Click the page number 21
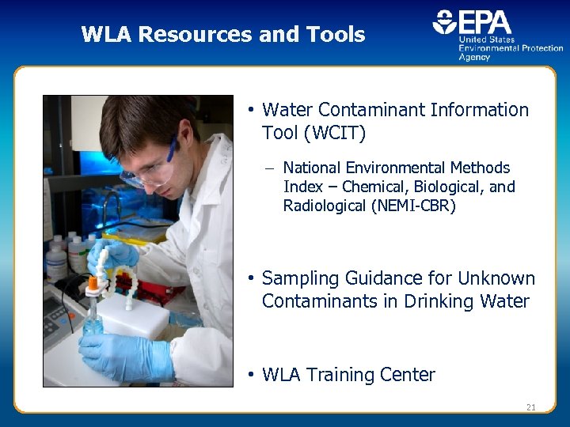click(x=530, y=407)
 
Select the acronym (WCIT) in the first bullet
click(x=334, y=134)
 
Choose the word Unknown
click(x=498, y=278)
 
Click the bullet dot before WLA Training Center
click(x=249, y=374)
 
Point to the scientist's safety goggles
click(x=150, y=168)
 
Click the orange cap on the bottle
click(x=93, y=282)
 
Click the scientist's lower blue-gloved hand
click(x=126, y=356)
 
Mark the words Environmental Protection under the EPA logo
click(x=511, y=48)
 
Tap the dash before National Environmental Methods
click(x=270, y=168)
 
